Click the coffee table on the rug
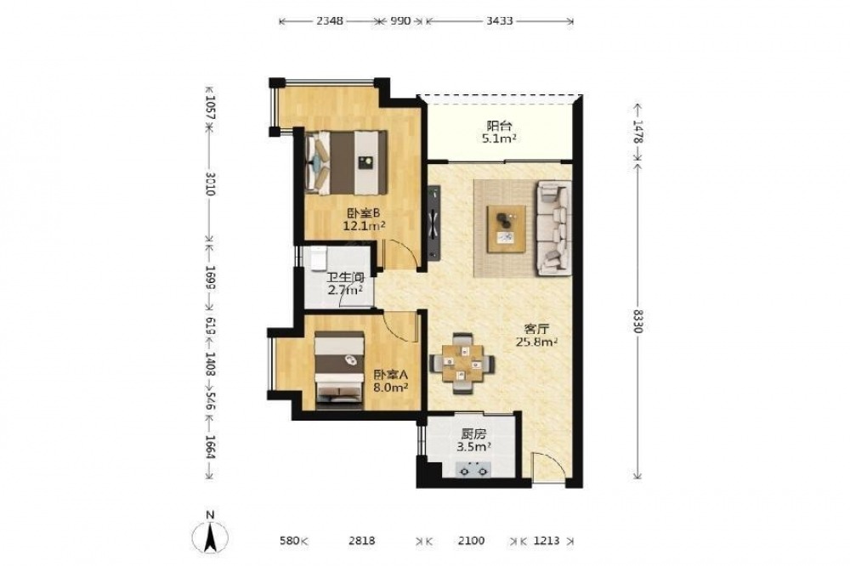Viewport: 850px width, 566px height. [x=506, y=229]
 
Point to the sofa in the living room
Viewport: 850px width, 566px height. [x=554, y=229]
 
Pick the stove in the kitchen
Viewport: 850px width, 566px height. [x=474, y=469]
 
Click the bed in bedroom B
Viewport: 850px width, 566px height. [x=346, y=162]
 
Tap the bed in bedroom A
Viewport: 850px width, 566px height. [x=339, y=369]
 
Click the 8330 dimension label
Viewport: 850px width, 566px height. [x=637, y=321]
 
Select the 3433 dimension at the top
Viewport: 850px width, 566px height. [x=499, y=21]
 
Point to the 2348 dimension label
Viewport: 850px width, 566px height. [x=329, y=21]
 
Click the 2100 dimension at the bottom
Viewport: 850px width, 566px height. [x=471, y=541]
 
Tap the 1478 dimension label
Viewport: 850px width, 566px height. [x=637, y=132]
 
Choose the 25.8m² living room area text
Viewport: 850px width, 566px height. [x=536, y=342]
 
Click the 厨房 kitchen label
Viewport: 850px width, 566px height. [x=473, y=434]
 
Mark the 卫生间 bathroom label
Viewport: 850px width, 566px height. [x=345, y=278]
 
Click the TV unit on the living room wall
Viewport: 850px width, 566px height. [x=433, y=223]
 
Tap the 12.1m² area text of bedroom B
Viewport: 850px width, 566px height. [x=365, y=225]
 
